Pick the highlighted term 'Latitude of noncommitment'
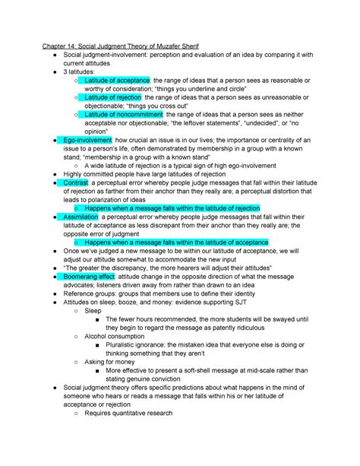pos(123,115)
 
